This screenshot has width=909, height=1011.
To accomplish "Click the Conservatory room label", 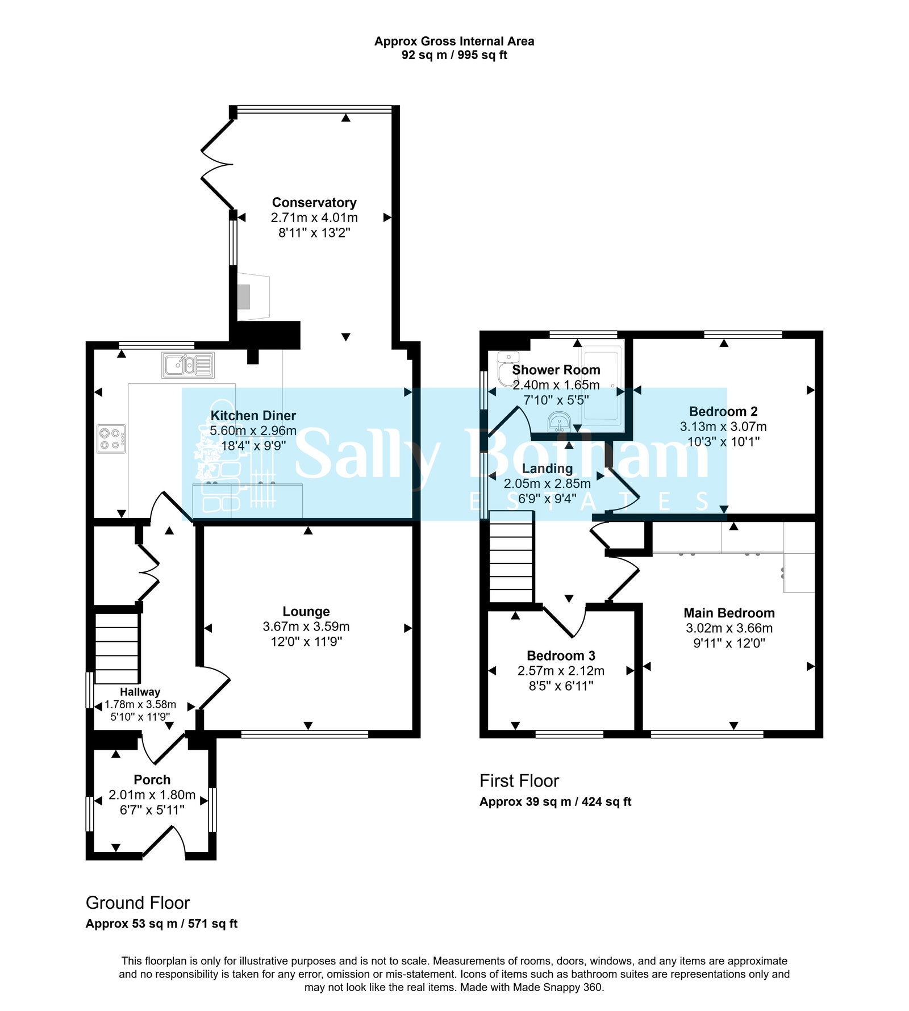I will tap(314, 203).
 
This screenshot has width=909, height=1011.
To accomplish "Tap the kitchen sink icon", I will tap(188, 365).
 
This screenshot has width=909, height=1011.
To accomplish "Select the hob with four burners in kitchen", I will tap(111, 439).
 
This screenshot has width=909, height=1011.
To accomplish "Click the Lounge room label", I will tap(306, 612).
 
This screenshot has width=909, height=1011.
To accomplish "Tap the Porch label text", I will tap(152, 780).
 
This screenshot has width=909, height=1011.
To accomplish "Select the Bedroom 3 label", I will tap(561, 656).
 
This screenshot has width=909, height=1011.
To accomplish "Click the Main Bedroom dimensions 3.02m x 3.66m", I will tap(729, 628).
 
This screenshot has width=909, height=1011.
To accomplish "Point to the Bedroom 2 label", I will tap(723, 412).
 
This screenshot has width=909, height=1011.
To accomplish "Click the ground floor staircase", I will tap(116, 648).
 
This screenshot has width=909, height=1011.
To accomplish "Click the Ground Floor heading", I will tap(137, 903).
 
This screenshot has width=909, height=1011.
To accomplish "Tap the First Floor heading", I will tap(519, 781).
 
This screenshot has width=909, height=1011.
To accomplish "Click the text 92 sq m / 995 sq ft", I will tap(454, 55).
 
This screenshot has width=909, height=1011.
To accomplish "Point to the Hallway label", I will tap(140, 692).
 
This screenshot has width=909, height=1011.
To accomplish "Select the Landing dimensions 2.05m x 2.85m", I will tap(547, 484).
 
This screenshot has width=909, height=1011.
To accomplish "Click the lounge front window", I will tap(305, 735).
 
